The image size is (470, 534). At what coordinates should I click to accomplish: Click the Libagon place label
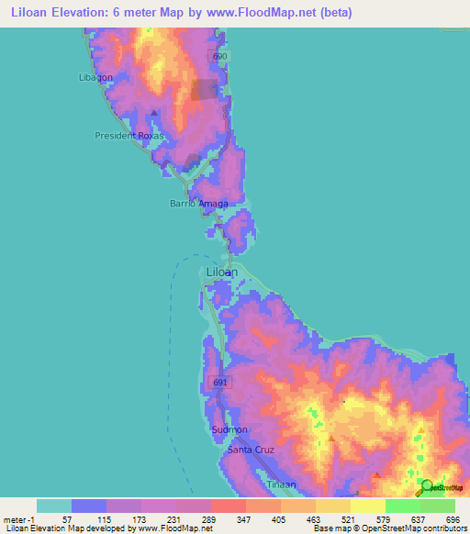(95, 77)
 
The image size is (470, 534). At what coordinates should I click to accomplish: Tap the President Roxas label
(133, 135)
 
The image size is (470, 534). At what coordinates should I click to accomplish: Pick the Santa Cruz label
(251, 450)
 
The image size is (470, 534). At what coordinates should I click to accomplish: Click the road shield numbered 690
(218, 57)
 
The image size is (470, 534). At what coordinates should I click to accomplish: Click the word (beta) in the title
(332, 13)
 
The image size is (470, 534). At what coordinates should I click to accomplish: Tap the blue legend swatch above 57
(89, 506)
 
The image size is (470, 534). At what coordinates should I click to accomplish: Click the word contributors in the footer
(442, 528)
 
